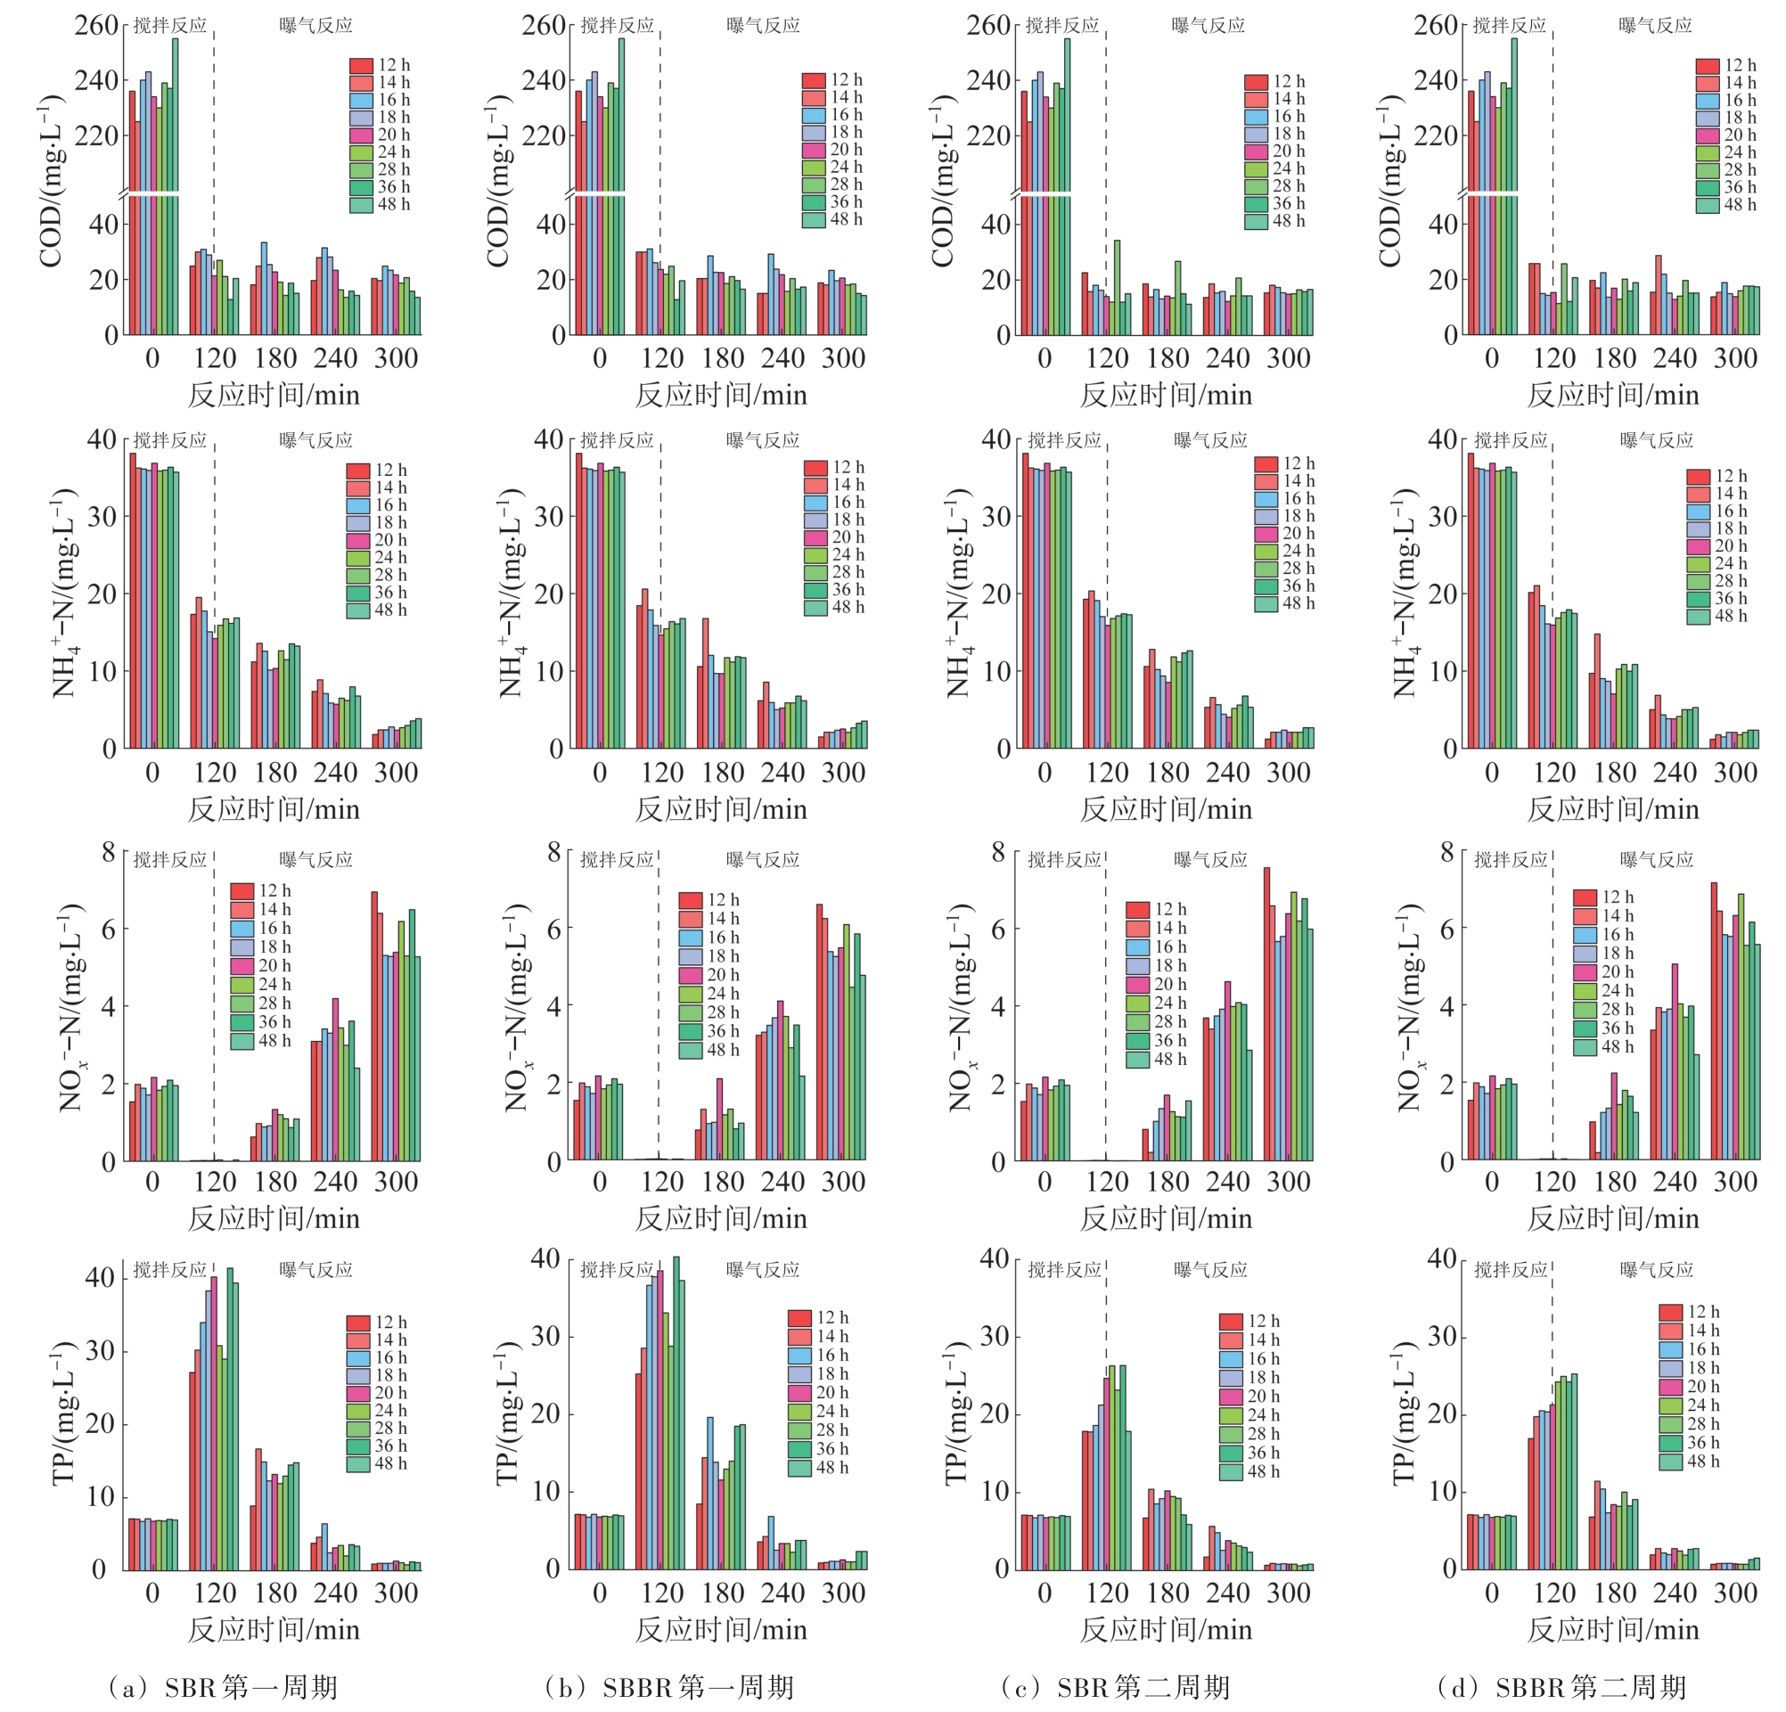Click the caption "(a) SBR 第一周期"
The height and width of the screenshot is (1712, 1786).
223,1687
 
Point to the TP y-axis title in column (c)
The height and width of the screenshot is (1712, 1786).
956,1413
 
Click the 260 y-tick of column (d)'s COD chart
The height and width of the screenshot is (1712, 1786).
1435,26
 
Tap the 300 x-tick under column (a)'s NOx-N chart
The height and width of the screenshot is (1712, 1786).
396,1182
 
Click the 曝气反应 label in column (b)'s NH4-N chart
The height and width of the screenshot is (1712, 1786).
763,441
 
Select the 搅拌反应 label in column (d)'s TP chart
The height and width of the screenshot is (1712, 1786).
1511,1269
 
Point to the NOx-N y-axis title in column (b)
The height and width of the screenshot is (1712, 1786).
516,1007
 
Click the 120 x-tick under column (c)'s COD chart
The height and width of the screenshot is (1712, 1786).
1106,358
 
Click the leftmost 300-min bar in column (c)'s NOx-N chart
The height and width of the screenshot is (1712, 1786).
1266,1013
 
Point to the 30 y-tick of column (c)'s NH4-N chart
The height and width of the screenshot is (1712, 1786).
996,517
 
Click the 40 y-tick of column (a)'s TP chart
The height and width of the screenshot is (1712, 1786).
98,1277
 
